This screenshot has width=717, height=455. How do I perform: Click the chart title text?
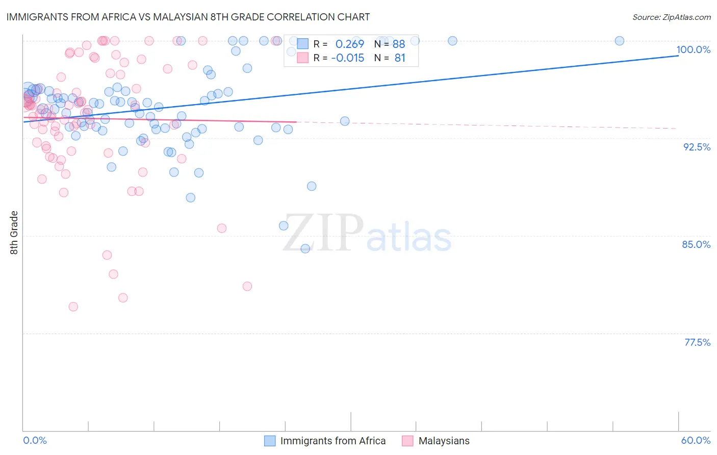tap(188, 17)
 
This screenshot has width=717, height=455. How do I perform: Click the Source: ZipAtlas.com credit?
tap(671, 17)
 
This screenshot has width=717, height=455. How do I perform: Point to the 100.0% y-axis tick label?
tap(693, 49)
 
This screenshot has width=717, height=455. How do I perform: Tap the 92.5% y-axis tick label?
tap(697, 147)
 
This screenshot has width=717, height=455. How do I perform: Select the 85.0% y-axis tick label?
tap(696, 244)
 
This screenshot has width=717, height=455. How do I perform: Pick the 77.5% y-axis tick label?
tap(697, 342)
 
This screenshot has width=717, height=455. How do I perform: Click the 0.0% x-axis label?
tap(35, 440)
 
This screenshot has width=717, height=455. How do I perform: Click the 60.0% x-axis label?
tap(696, 440)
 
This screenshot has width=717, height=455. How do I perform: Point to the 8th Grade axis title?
tap(14, 233)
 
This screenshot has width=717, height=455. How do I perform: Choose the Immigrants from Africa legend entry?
tap(332, 441)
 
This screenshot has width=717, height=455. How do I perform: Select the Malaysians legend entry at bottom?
tap(444, 441)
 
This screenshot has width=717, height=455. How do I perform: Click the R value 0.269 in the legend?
tap(349, 44)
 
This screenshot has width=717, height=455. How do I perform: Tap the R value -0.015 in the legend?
tap(347, 58)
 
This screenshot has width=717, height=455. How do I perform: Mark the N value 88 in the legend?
tap(398, 44)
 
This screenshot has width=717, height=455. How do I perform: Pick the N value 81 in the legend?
tap(399, 58)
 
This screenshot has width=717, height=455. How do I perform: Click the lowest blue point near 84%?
tap(305, 248)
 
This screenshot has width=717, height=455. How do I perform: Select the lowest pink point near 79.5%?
tap(73, 307)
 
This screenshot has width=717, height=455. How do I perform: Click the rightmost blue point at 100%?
tap(619, 41)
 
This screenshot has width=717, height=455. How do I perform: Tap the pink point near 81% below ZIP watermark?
tap(247, 286)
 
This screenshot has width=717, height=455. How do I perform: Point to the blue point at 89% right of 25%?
tap(312, 186)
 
